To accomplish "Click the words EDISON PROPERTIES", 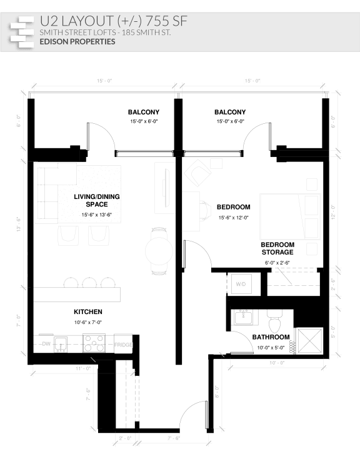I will tap(77, 42).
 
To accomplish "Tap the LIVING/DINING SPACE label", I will tap(97, 200).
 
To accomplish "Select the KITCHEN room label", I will tap(88, 312).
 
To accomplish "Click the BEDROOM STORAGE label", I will tap(277, 248).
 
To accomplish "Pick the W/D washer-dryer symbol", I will tap(241, 285).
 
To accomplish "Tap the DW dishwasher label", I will tap(45, 344).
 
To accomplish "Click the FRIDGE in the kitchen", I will tap(122, 345).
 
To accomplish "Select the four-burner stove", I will tap(94, 343).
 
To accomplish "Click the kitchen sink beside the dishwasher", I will tap(61, 343).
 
